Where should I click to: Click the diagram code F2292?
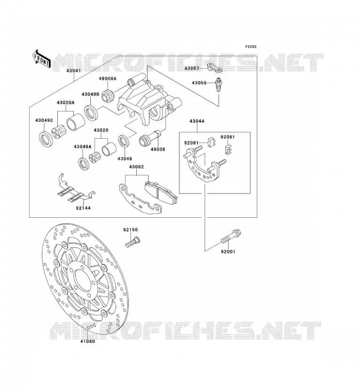coord(251,47)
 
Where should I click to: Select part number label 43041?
coord(74,71)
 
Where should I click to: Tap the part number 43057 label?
coord(192,68)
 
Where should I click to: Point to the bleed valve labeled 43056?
coord(219,85)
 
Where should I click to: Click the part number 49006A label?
coord(107,79)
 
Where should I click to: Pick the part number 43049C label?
coord(44,120)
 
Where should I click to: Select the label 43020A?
coord(65,102)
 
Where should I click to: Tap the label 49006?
coord(158,149)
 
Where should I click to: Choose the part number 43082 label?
coord(136,167)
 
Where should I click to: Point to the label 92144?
coord(83,208)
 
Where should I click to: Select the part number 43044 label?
coord(197,121)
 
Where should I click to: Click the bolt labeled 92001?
coord(231,237)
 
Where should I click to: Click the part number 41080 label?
coord(87,341)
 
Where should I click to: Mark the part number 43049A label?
coord(82,147)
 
